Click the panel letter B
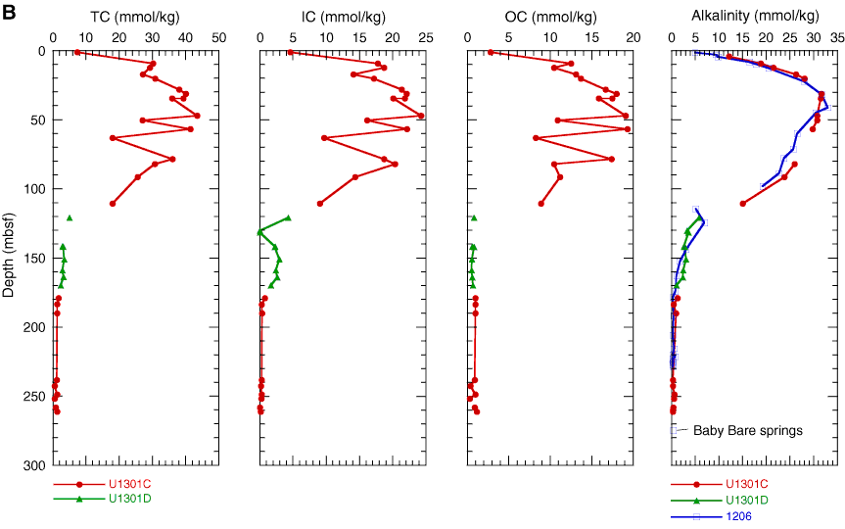[11, 13]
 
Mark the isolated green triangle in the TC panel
[70, 217]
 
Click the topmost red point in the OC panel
[491, 52]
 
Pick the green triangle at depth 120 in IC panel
[288, 217]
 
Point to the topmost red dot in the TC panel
[77, 52]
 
